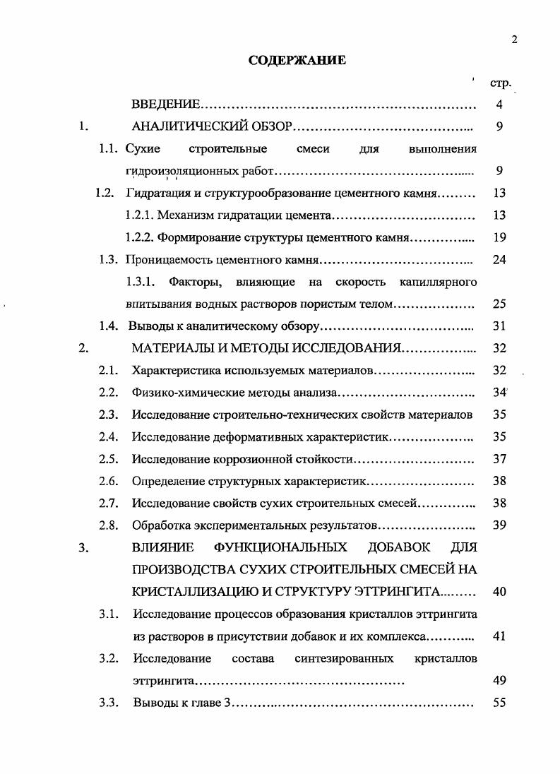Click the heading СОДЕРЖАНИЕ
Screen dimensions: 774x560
pos(297,61)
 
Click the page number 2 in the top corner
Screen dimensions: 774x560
pos(515,40)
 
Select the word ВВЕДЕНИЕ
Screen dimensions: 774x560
pos(167,105)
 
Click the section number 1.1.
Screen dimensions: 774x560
pos(108,149)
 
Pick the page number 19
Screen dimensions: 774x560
pos(499,237)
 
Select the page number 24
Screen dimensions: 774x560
pos(499,259)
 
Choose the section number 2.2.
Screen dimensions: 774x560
pos(108,392)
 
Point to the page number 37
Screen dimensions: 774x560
pos(499,458)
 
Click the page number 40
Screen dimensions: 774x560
pos(499,591)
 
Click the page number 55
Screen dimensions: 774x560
pos(499,703)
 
